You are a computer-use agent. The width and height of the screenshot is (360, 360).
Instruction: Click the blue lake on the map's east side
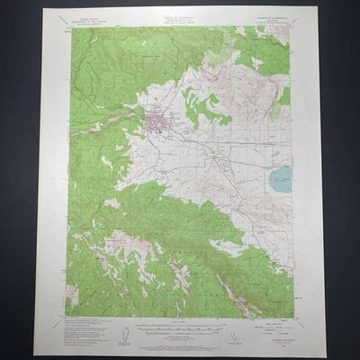[x=280, y=178]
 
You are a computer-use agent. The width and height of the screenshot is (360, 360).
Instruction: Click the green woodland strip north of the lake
[x=283, y=99]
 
